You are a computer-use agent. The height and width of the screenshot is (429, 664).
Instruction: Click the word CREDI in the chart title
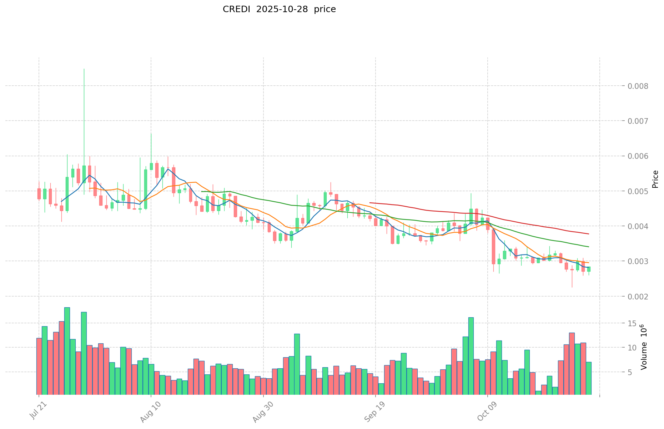[234, 9]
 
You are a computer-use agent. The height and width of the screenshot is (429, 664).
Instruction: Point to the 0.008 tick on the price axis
[639, 86]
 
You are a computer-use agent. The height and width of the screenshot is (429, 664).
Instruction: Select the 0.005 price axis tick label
[639, 191]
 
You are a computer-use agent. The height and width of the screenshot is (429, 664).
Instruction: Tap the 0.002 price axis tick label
[639, 297]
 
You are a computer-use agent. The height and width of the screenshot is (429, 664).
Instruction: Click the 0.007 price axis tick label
[639, 121]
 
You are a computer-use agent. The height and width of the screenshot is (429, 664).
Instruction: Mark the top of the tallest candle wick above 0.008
[84, 69]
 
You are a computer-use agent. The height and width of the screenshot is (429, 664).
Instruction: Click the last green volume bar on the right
[589, 378]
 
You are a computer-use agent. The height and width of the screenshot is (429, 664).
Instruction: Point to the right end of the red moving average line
[589, 234]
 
